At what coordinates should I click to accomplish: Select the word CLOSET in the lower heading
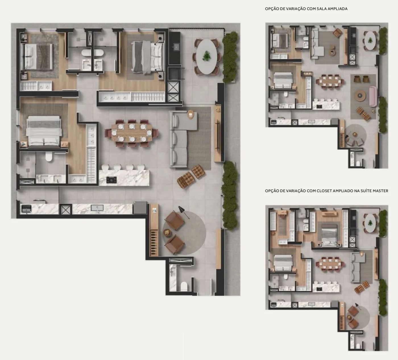tap(324, 191)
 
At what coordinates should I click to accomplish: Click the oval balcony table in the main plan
tap(207, 57)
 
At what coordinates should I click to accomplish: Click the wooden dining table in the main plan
tap(132, 133)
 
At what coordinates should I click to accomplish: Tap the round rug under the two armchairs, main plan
tap(184, 233)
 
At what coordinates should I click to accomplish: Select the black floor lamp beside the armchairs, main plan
tap(184, 212)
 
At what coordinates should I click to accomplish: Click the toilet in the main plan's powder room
tap(184, 286)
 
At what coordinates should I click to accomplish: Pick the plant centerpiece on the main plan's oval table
tap(207, 56)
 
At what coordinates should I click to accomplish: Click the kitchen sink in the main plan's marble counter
tap(97, 208)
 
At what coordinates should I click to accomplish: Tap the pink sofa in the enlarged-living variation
tap(373, 96)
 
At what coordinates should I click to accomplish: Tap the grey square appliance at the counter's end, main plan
tap(140, 208)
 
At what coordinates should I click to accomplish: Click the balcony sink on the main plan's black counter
tap(176, 47)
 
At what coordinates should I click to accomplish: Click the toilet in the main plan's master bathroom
tap(49, 157)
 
